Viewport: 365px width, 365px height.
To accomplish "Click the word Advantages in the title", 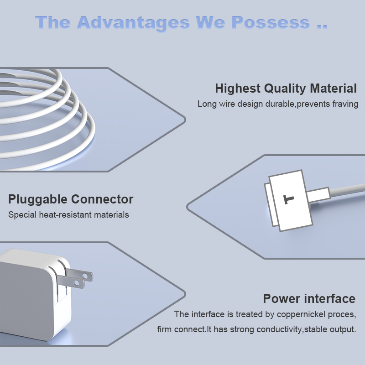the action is pos(133,23).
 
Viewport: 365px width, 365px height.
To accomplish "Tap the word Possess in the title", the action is pos(271,22).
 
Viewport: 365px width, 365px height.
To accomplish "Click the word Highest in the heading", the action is pos(238,89).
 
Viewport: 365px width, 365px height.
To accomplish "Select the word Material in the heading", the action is pos(333,89).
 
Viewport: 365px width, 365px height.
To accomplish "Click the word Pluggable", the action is pos(38,200).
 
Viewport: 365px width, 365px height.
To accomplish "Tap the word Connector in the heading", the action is pos(102,199).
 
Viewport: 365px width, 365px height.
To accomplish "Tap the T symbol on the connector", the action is pos(289,199).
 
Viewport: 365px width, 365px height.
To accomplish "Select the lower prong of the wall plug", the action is pos(71,282).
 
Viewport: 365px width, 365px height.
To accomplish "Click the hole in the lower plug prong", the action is pos(76,283).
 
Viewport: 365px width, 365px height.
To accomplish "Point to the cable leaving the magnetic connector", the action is pos(347,189).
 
